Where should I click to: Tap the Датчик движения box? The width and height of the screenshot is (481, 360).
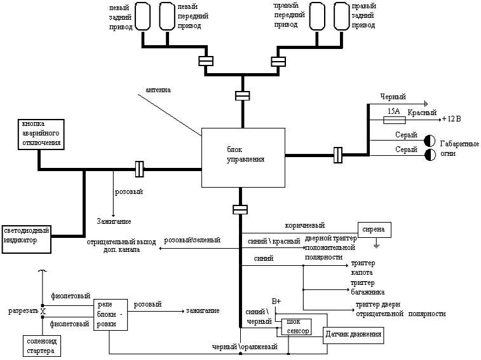tap(353, 334)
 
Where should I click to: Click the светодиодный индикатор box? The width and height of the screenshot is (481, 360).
tap(25, 235)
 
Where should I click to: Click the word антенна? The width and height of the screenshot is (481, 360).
tap(158, 90)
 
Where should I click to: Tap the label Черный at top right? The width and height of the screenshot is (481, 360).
tap(393, 97)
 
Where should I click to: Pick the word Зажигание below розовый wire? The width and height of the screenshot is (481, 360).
tap(114, 221)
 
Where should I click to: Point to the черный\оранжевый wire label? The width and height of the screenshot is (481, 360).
tap(245, 347)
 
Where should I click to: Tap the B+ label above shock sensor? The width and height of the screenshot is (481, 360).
tap(276, 301)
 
